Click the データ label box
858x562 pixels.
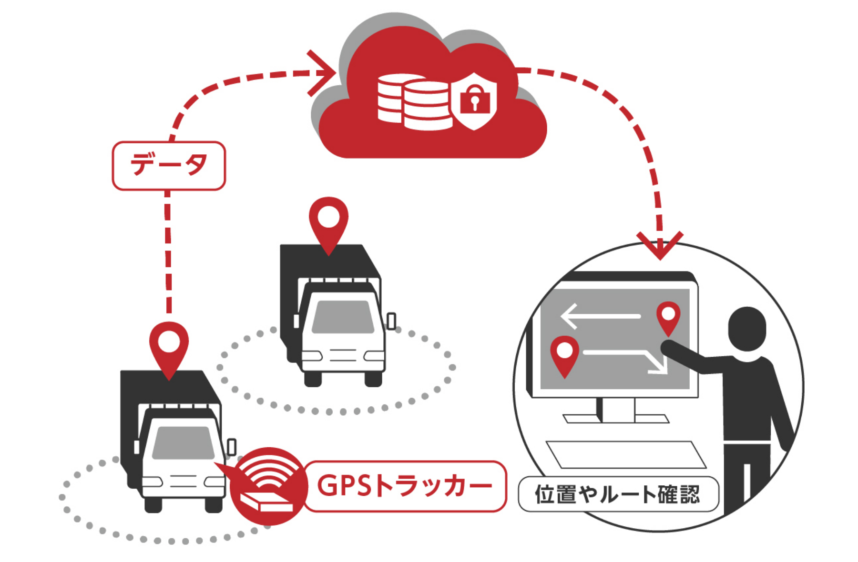tap(169, 165)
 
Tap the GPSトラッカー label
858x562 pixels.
tap(404, 486)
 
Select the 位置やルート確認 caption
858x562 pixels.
tap(618, 494)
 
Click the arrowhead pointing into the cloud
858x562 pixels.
tap(322, 73)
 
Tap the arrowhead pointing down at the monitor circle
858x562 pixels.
tap(660, 245)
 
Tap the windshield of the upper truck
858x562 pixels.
tap(343, 317)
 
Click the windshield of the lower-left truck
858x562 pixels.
tap(183, 443)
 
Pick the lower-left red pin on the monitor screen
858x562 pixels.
tap(564, 355)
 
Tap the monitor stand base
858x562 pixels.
tap(616, 418)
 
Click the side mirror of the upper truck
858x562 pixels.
tap(391, 321)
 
